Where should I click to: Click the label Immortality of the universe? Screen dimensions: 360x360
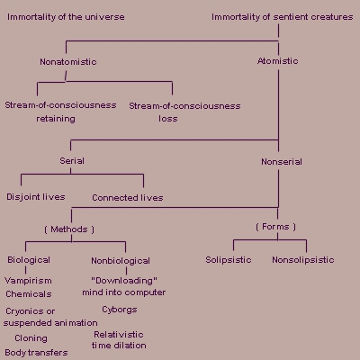(66, 17)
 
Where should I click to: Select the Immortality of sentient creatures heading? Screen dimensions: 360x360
(283, 17)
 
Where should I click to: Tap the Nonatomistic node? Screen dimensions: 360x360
(68, 62)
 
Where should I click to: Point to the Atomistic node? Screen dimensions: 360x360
(278, 61)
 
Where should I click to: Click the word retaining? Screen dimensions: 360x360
(56, 119)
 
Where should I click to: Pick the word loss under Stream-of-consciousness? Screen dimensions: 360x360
(168, 119)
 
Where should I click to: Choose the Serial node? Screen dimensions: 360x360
(72, 161)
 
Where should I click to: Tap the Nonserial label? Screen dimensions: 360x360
(282, 162)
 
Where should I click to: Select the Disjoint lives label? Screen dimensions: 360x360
(36, 197)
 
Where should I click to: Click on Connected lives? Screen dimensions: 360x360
(128, 198)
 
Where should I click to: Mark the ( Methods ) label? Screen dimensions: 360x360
(69, 229)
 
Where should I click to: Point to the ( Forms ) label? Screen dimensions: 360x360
(275, 227)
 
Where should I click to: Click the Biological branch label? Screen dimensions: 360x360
(29, 260)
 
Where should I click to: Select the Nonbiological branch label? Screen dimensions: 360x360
(121, 261)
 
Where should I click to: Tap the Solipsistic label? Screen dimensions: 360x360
(229, 260)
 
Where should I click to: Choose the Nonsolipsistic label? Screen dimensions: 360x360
(303, 260)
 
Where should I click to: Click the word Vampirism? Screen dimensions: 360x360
(28, 281)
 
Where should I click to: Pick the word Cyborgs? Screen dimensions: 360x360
(120, 310)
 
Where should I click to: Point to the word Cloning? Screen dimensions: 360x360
(31, 338)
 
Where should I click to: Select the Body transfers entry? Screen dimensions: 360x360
(36, 353)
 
